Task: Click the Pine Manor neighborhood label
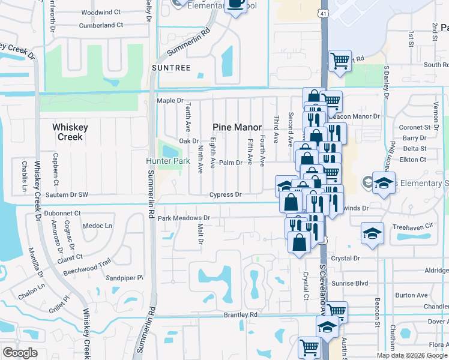(238, 127)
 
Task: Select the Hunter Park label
(168, 161)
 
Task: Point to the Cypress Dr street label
(225, 194)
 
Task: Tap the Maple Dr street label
(169, 100)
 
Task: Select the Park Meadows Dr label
(184, 218)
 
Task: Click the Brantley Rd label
(240, 314)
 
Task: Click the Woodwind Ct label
(100, 12)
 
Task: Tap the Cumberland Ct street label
(100, 25)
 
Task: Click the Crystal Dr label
(348, 258)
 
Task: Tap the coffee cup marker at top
(235, 5)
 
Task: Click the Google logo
(20, 353)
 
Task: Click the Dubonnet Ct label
(62, 212)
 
